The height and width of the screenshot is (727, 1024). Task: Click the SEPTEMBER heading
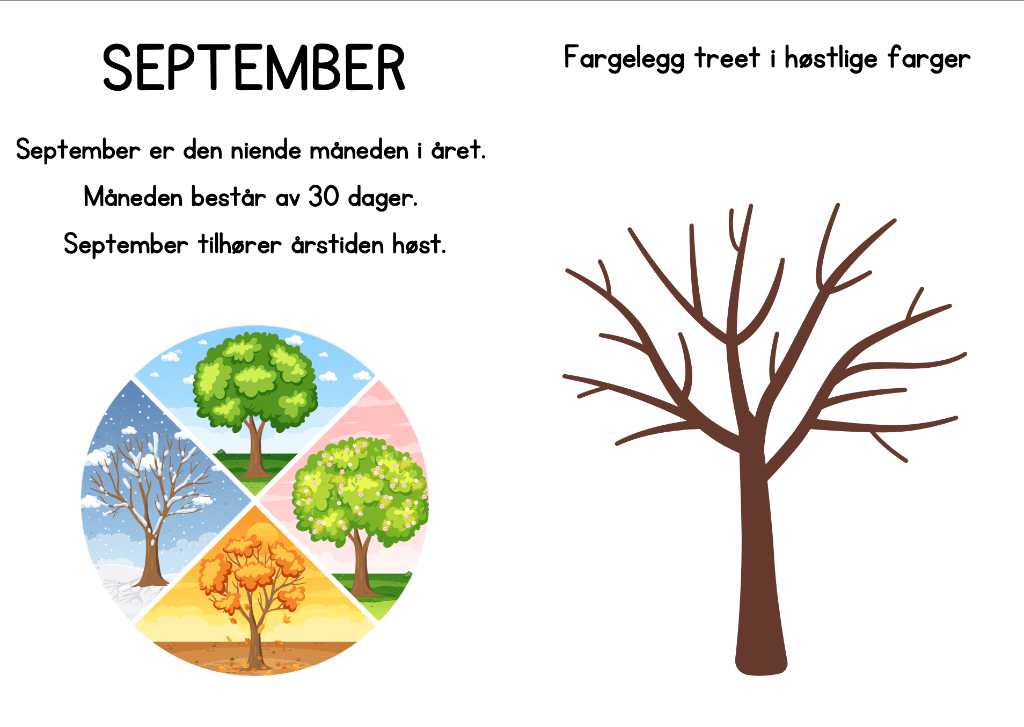click(x=254, y=68)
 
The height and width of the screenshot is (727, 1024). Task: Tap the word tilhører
click(x=240, y=244)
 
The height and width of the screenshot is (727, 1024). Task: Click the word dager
click(x=383, y=198)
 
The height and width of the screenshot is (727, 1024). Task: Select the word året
click(x=459, y=150)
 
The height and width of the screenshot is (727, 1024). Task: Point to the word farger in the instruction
click(x=929, y=58)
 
